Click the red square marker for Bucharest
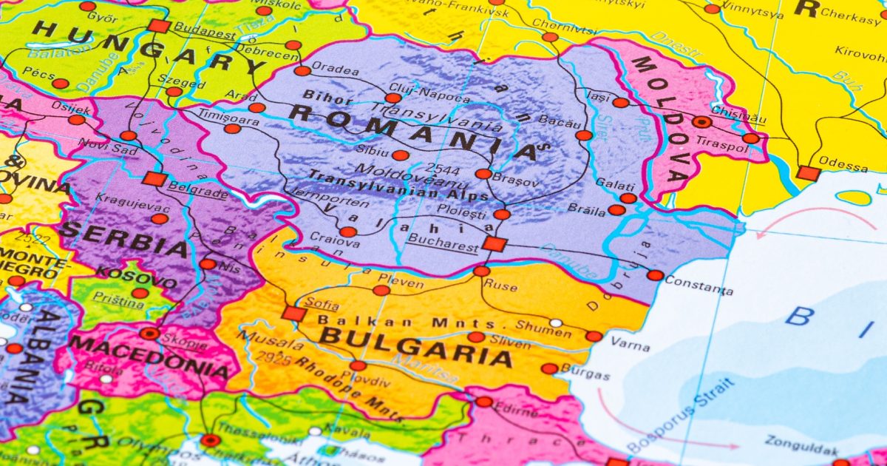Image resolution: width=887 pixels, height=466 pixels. click(x=493, y=244)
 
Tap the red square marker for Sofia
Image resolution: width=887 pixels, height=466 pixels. click(x=293, y=314)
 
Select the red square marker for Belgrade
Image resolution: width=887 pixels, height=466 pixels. click(x=154, y=178)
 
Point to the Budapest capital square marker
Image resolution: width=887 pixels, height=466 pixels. click(x=158, y=26)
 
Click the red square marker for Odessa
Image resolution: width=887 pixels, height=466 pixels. click(x=808, y=174)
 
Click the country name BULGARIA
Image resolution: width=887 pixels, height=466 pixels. click(x=415, y=347)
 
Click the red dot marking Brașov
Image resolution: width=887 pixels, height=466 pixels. click(x=483, y=174)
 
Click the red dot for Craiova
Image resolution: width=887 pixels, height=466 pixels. click(x=348, y=232)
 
